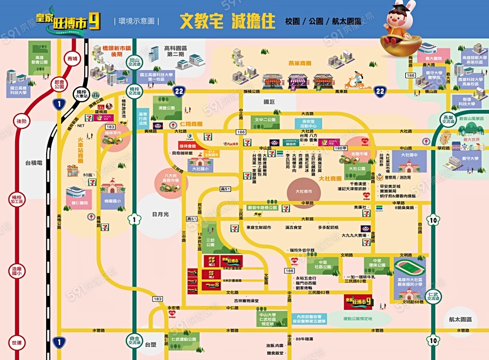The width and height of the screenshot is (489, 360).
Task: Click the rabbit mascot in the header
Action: pos(402,25)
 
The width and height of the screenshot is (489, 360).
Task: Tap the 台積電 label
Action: pos(34,163)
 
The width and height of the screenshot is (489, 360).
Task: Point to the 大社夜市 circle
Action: pos(304,191)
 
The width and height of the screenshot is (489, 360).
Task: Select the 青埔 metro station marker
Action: pos(71,58)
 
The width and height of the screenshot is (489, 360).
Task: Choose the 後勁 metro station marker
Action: pos(22,121)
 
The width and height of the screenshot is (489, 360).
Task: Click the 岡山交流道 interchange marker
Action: pos(135,61)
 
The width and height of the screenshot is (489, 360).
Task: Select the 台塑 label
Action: pos(151,344)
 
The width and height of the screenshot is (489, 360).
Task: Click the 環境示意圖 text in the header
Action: pos(136,21)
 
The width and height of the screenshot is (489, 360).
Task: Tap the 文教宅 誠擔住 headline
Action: pos(226,21)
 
